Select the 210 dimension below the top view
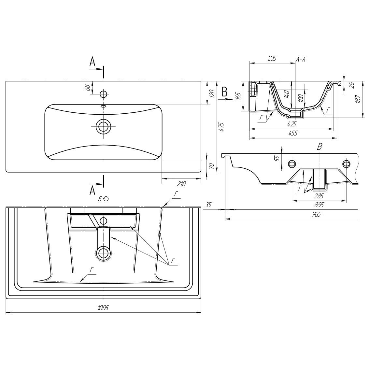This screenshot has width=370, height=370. click(181, 183)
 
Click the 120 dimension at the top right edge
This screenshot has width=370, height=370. click(212, 94)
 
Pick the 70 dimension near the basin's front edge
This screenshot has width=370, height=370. click(212, 166)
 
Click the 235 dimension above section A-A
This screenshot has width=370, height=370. click(272, 58)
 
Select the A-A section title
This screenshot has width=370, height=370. click(301, 59)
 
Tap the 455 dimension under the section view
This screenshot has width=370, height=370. click(293, 133)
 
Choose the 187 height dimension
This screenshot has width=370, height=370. click(358, 99)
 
